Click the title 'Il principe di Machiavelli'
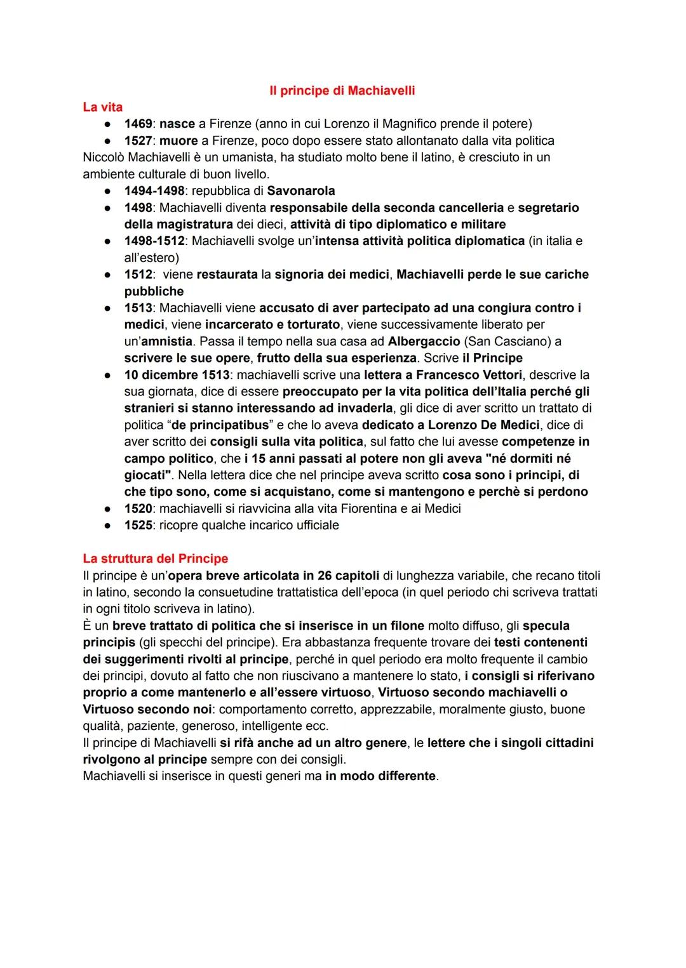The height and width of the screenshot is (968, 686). point(342,91)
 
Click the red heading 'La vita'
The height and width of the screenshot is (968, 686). point(102,107)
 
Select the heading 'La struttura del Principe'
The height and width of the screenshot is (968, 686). point(155,559)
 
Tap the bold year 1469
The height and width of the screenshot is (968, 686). point(138,124)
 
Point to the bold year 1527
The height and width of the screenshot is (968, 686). point(138,140)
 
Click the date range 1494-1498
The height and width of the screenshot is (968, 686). point(154,190)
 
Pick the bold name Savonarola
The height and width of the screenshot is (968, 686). point(301,190)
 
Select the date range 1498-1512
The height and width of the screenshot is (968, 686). point(154,241)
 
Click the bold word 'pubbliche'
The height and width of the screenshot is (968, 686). point(154,291)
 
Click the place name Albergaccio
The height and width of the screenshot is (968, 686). point(424,341)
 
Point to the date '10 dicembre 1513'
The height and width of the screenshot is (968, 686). point(177,375)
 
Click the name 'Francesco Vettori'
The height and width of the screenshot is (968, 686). point(469,375)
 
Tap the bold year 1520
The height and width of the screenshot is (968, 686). point(138,508)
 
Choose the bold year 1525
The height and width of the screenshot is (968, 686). point(138,525)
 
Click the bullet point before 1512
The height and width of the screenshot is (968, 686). point(109,275)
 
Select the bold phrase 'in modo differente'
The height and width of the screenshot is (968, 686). point(381,776)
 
